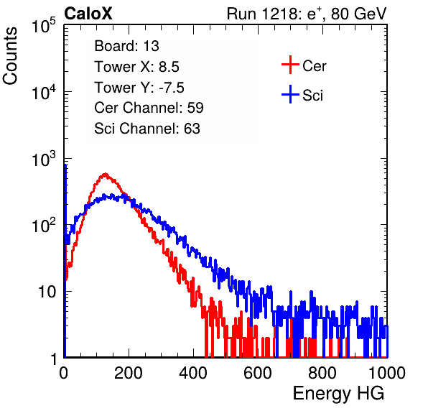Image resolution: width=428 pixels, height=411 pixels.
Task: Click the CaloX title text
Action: click(x=88, y=14)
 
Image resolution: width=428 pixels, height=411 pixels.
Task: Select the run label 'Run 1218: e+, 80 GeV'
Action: click(x=307, y=14)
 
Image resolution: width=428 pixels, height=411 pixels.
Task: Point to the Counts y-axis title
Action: click(x=10, y=56)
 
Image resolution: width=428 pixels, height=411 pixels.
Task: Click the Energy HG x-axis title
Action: click(x=338, y=394)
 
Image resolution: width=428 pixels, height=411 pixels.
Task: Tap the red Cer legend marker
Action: click(x=290, y=65)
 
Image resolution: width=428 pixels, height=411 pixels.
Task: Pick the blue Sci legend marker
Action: click(x=290, y=95)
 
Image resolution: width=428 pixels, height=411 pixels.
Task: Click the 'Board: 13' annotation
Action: click(x=126, y=46)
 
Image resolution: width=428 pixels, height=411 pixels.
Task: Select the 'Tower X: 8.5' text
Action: click(x=136, y=67)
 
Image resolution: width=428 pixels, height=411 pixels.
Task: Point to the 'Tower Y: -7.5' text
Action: click(x=139, y=88)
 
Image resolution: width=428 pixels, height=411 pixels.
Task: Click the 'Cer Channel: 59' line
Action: click(x=149, y=108)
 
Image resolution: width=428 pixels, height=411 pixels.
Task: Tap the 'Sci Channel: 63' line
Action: click(x=147, y=129)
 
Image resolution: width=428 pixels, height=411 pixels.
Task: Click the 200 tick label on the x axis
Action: click(x=129, y=373)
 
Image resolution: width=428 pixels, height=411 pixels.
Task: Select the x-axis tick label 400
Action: click(x=193, y=373)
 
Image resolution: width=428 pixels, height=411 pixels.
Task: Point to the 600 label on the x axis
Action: click(x=258, y=373)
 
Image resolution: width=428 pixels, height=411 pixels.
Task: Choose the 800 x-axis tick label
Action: click(x=322, y=373)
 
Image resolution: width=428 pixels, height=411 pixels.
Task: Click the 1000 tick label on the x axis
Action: click(x=387, y=373)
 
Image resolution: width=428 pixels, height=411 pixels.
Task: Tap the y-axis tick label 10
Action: click(x=47, y=292)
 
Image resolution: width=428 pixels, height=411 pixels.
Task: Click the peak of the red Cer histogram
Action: click(x=105, y=174)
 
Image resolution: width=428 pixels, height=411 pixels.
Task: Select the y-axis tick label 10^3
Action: click(x=44, y=159)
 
